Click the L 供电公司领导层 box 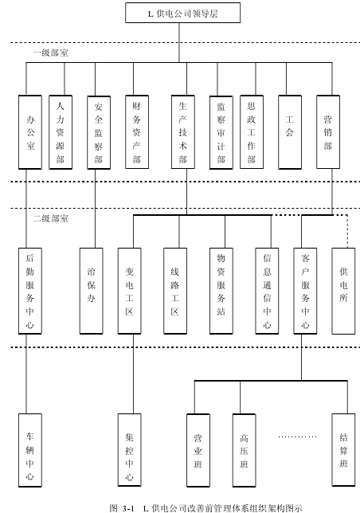pyautogui.click(x=182, y=13)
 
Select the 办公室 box pyautogui.click(x=30, y=132)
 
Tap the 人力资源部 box pyautogui.click(x=61, y=132)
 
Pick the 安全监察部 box pyautogui.click(x=99, y=132)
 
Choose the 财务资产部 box pyautogui.click(x=137, y=132)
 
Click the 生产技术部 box pyautogui.click(x=183, y=132)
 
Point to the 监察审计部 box pyautogui.click(x=221, y=132)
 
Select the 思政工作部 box pyautogui.click(x=252, y=132)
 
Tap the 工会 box pyautogui.click(x=290, y=132)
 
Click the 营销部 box pyautogui.click(x=328, y=132)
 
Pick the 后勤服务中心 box pyautogui.click(x=30, y=291)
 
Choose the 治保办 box pyautogui.click(x=92, y=291)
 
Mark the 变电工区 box pyautogui.click(x=130, y=291)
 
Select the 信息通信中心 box pyautogui.click(x=267, y=291)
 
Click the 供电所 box pyautogui.click(x=343, y=291)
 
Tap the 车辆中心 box pyautogui.click(x=30, y=450)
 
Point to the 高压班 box pyautogui.click(x=245, y=450)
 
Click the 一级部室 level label pyautogui.click(x=51, y=53)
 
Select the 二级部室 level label pyautogui.click(x=51, y=218)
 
